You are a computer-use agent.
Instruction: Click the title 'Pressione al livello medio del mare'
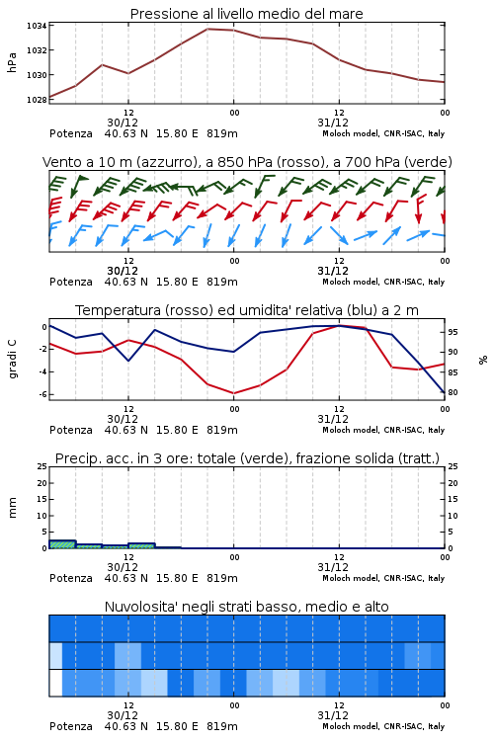click(246, 14)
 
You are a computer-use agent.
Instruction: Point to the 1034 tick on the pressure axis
click(36, 26)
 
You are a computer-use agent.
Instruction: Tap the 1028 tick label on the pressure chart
click(36, 100)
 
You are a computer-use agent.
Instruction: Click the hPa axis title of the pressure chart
click(12, 62)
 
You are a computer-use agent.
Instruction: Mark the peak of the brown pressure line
click(207, 29)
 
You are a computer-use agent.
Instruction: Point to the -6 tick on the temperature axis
click(42, 394)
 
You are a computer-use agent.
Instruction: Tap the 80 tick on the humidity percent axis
click(453, 392)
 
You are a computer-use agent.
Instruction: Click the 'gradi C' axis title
click(13, 360)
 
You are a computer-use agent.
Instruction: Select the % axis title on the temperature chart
click(483, 360)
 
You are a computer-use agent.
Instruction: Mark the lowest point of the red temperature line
click(233, 393)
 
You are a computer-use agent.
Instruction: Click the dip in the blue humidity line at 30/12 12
click(128, 361)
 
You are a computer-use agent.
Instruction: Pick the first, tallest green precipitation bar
click(62, 544)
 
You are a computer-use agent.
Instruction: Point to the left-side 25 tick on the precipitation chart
click(42, 467)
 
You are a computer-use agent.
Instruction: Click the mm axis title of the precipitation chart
click(12, 508)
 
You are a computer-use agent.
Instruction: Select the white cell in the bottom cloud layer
click(55, 683)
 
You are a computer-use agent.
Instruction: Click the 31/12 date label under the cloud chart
click(333, 715)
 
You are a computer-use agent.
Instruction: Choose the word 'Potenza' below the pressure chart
click(71, 133)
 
